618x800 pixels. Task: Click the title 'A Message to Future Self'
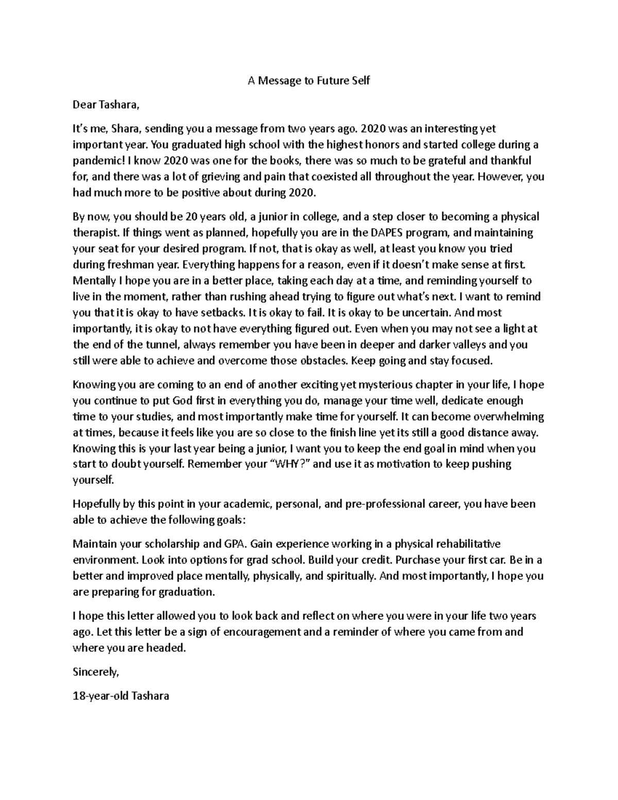(x=308, y=80)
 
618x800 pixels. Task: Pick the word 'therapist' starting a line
(x=92, y=232)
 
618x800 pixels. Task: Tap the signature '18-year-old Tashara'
(x=121, y=696)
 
